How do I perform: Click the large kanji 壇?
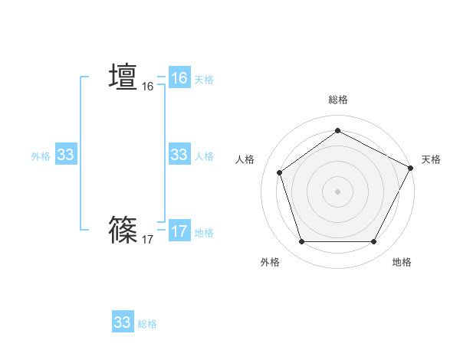(123, 77)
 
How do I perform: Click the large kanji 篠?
(123, 229)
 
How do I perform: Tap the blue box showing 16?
(179, 78)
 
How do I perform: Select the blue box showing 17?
(179, 231)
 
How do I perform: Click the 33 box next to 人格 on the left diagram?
(179, 155)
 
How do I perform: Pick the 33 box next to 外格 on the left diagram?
(65, 155)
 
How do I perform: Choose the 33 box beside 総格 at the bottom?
(123, 322)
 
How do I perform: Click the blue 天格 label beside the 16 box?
(204, 79)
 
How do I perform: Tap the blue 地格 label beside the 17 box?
(204, 233)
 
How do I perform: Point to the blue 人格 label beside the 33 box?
(204, 156)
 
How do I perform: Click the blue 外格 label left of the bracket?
(41, 156)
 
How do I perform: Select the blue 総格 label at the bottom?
(147, 324)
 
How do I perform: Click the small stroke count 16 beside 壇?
(147, 87)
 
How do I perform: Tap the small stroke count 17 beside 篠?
(147, 240)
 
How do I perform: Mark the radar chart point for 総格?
(337, 131)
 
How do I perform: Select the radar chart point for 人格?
(280, 172)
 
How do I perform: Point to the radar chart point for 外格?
(301, 242)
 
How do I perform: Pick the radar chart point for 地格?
(373, 242)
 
